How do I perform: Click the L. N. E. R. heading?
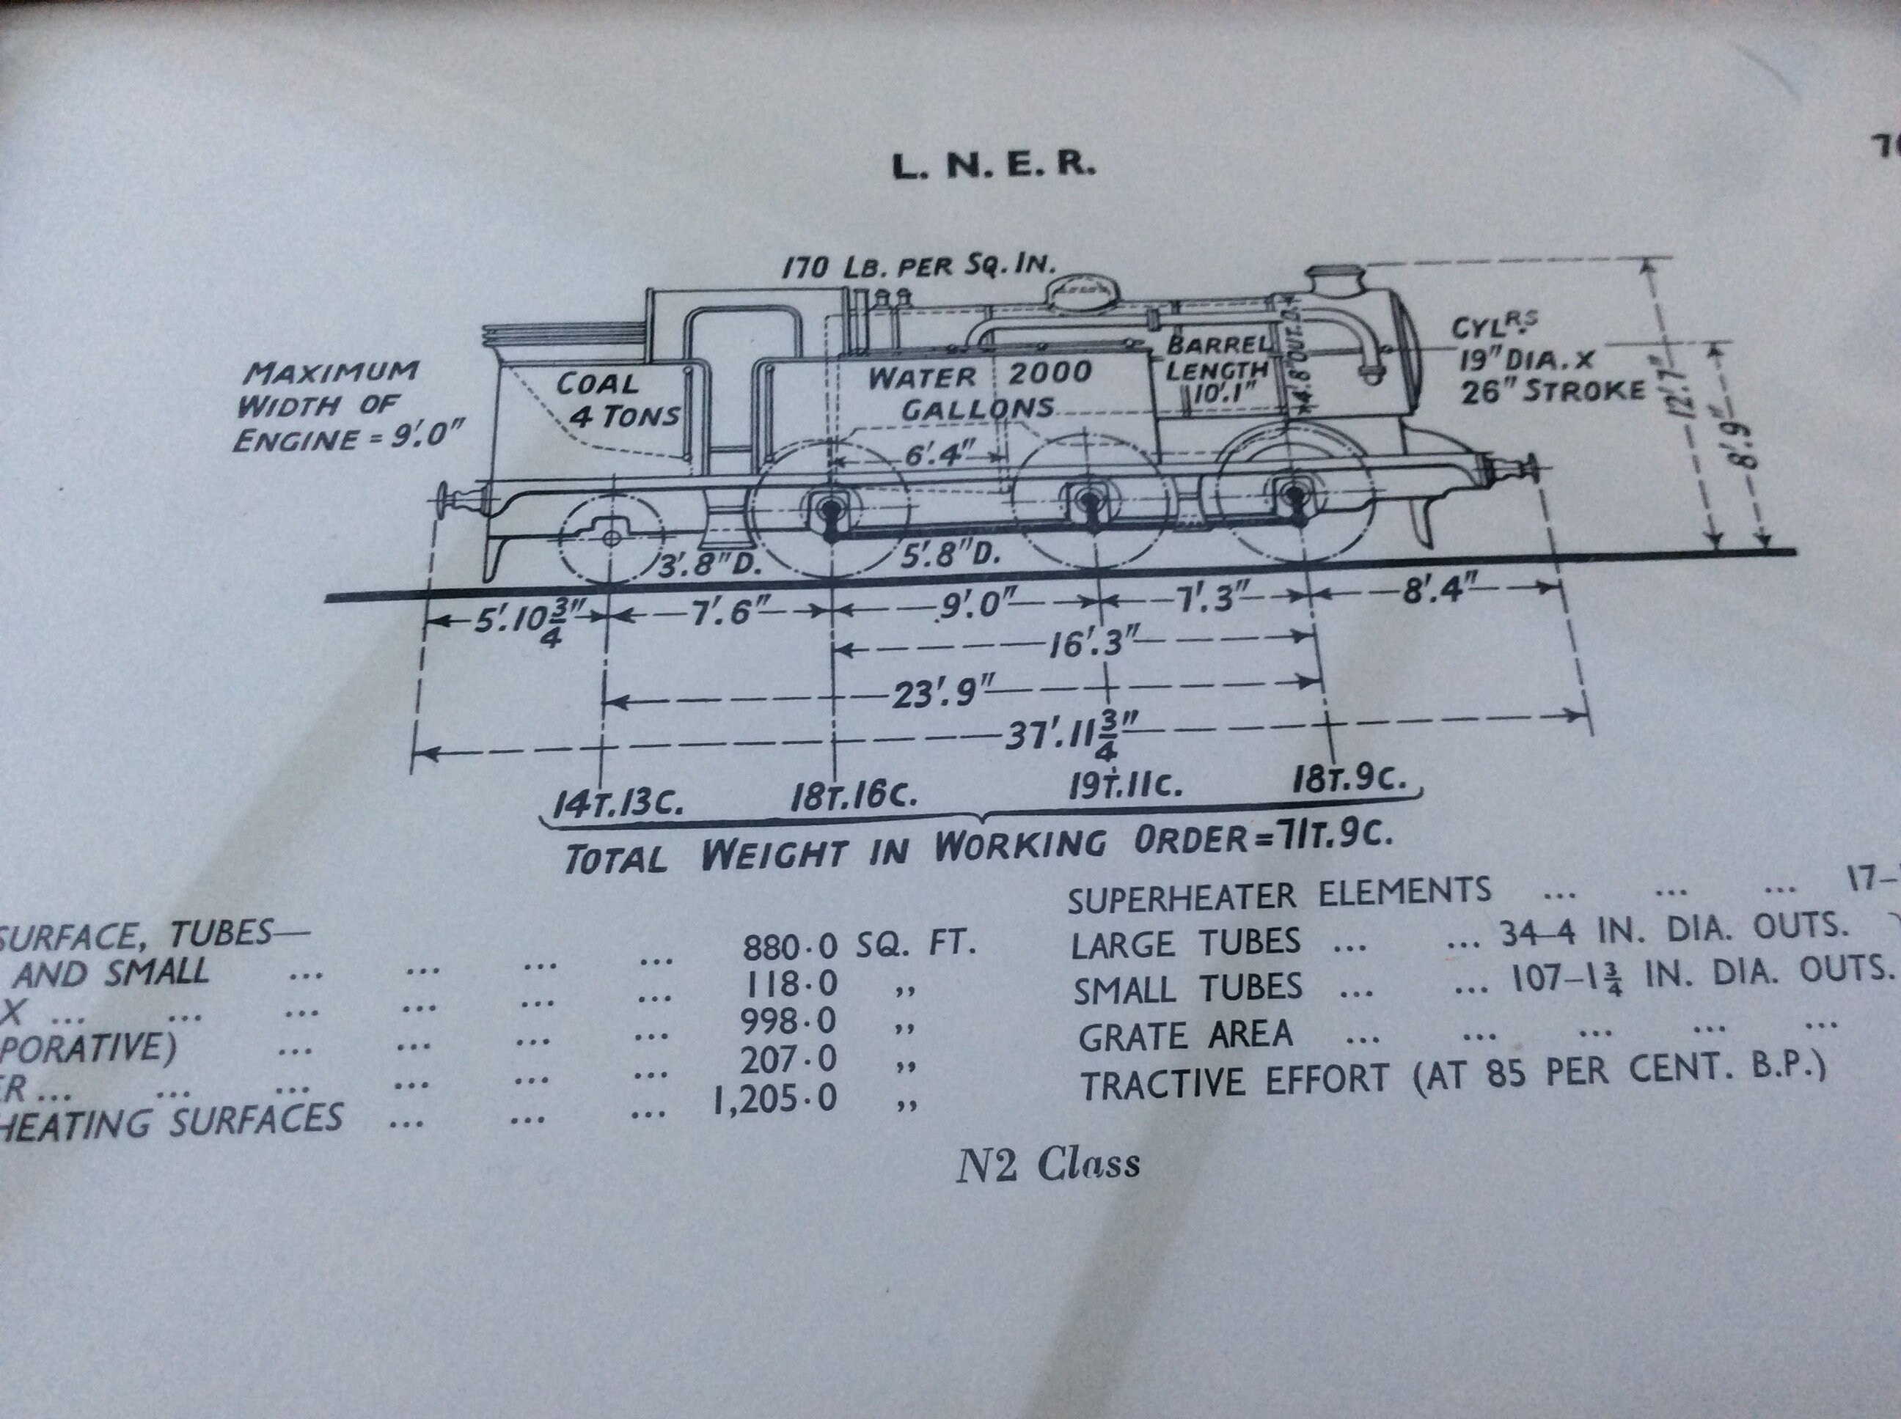pyautogui.click(x=994, y=166)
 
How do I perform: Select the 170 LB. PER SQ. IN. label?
pyautogui.click(x=917, y=266)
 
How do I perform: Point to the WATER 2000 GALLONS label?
pyautogui.click(x=978, y=391)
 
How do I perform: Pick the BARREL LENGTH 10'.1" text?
pyautogui.click(x=1216, y=369)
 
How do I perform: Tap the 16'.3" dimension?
pyautogui.click(x=1086, y=644)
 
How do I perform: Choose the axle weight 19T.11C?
pyautogui.click(x=1125, y=784)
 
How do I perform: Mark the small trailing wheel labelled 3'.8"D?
pyautogui.click(x=610, y=538)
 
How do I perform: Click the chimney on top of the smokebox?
pyautogui.click(x=1335, y=283)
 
